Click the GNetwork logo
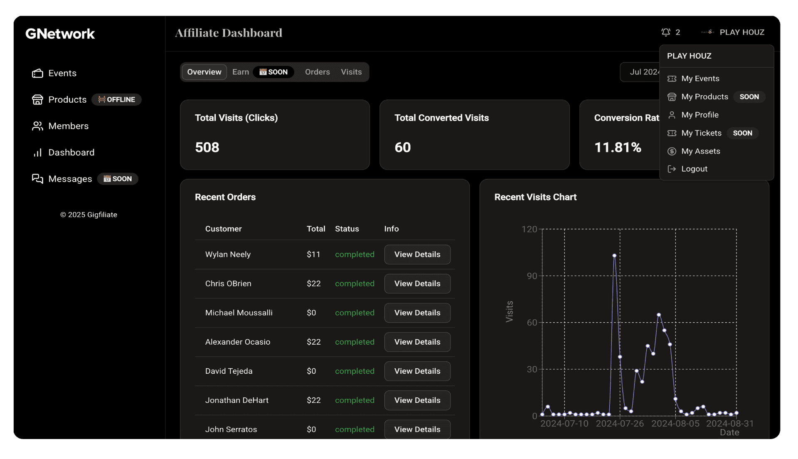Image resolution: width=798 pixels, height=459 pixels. coord(60,34)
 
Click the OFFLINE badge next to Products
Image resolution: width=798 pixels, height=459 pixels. coord(116,100)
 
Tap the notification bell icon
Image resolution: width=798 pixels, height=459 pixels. coord(666,32)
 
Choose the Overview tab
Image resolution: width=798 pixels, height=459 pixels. coord(204,72)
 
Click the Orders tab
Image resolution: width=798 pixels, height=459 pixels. coord(317,72)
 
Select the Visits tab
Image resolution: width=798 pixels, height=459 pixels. coord(351,72)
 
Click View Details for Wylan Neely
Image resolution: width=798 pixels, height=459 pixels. coord(417,254)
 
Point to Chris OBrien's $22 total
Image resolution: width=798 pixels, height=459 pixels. coord(313,284)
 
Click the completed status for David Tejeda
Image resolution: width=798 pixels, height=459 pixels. coord(355,371)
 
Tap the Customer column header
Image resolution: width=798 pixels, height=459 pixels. coord(223,229)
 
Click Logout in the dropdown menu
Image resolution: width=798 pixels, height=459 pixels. coord(694,169)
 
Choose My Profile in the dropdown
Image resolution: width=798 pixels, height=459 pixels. coord(699,115)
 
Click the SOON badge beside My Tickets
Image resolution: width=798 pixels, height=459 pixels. coord(742,133)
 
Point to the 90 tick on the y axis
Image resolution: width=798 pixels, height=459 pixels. coord(532,276)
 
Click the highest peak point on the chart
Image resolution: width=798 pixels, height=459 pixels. coord(614,256)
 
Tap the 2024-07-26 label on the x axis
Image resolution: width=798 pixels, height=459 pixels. coord(620,424)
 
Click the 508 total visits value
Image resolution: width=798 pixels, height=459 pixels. coord(207,147)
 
